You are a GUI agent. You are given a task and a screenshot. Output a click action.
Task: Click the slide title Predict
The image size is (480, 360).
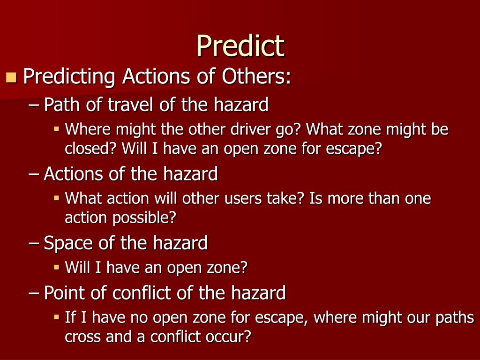[240, 46]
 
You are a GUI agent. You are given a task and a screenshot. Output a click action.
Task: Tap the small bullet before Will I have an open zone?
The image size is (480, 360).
[56, 267]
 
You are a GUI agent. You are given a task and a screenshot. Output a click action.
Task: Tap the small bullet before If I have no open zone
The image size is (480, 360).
[56, 317]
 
